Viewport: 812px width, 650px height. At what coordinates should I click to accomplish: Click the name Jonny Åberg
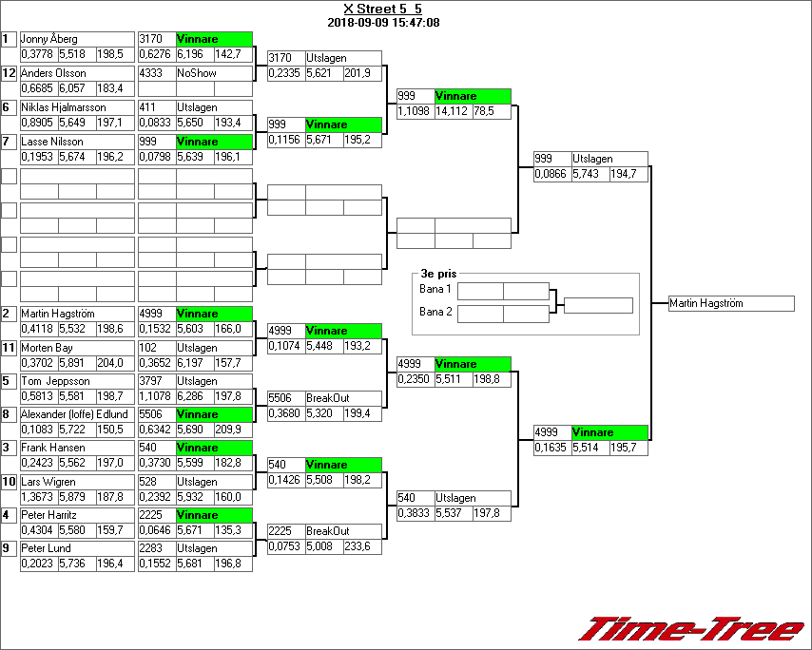click(x=50, y=39)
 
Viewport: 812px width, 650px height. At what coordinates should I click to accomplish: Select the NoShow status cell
click(x=193, y=73)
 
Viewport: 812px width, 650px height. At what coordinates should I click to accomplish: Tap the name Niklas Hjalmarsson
click(x=64, y=107)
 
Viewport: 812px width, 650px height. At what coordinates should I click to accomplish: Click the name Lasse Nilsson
click(x=52, y=142)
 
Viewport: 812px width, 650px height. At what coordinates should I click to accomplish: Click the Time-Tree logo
click(x=691, y=629)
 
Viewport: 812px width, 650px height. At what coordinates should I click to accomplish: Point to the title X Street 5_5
click(x=383, y=9)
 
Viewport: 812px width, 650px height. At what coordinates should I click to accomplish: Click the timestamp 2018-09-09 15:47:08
click(x=383, y=22)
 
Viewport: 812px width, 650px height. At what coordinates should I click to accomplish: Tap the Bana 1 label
click(x=435, y=289)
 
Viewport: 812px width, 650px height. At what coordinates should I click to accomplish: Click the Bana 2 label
click(x=435, y=312)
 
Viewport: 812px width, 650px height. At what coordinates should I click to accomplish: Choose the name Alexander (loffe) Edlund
click(x=74, y=414)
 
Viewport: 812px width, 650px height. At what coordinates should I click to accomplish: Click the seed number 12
click(x=9, y=73)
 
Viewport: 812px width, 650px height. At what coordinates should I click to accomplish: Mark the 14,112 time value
click(x=452, y=111)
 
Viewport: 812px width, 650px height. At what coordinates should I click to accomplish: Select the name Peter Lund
click(x=45, y=548)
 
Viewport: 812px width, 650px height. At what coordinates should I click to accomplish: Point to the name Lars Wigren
click(x=48, y=482)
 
